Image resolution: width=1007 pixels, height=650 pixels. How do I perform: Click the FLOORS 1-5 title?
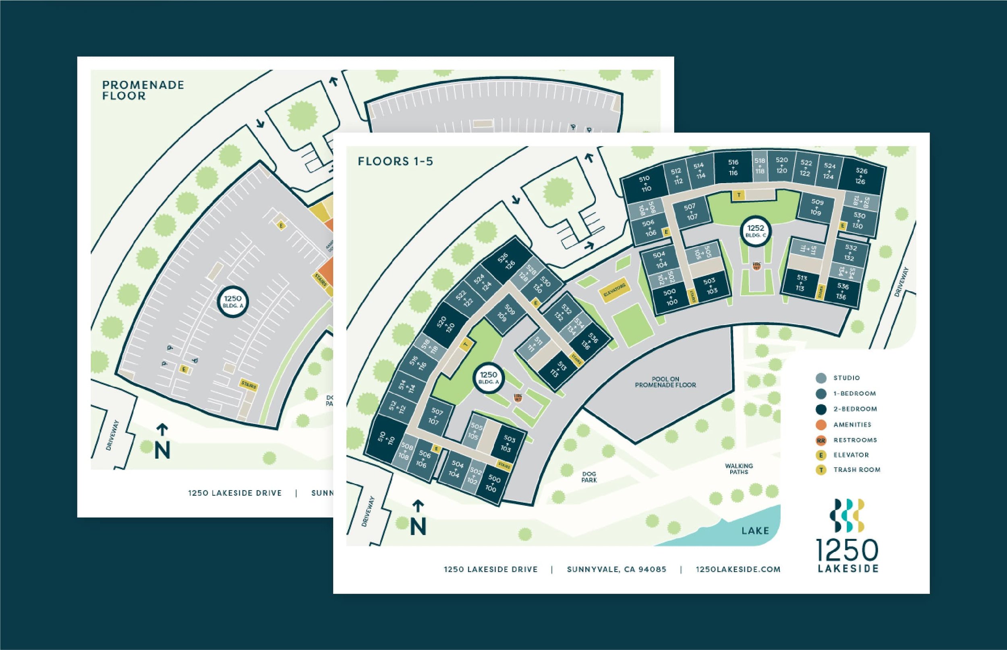coord(396,161)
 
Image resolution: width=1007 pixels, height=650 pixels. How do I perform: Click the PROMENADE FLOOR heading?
coord(143,90)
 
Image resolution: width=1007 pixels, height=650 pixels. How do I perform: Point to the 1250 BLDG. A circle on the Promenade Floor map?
coord(232,302)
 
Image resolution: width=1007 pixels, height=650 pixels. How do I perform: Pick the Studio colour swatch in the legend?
coord(821,378)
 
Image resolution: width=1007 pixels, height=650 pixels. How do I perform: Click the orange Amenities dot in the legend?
coord(821,424)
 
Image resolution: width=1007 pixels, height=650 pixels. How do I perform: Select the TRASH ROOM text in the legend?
coord(857,470)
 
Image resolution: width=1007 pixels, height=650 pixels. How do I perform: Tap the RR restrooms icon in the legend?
coord(821,440)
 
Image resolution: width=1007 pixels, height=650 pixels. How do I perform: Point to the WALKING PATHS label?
coord(739,469)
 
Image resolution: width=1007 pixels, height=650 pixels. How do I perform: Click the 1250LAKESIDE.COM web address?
coord(738,569)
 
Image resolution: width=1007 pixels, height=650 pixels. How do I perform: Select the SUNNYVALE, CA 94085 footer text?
coord(617,569)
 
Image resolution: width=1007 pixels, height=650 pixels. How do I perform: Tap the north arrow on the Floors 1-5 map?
coord(418,518)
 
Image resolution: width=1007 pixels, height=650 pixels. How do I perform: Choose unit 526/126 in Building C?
coord(861,176)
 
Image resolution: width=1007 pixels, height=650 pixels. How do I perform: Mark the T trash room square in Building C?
coord(739,195)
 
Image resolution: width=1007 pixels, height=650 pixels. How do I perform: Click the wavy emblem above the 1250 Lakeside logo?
coord(847,515)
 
